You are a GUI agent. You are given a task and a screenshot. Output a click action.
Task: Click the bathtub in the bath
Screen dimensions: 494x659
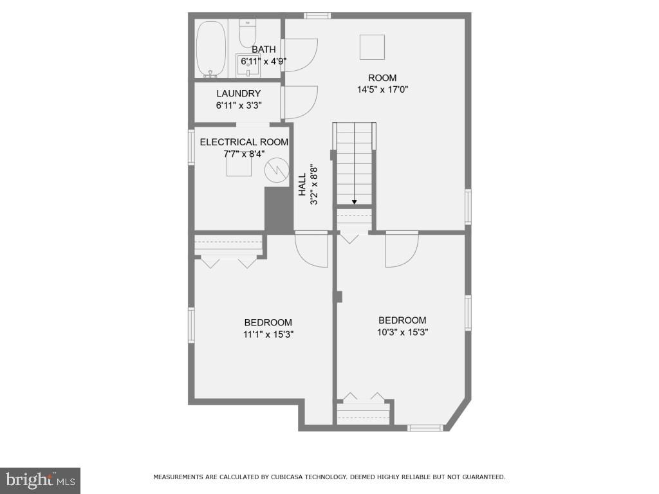210,49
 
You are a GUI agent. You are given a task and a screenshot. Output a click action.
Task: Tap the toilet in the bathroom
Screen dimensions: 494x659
248,30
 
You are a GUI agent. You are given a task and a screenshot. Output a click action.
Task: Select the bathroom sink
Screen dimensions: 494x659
248,63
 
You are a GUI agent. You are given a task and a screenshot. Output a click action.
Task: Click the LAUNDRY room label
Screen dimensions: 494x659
238,93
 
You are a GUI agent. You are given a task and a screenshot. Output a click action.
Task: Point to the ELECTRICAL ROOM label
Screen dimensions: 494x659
244,142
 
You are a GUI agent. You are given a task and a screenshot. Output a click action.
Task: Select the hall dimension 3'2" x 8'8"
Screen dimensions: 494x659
315,185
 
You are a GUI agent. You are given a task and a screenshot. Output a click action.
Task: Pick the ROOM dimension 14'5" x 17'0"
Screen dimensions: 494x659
383,89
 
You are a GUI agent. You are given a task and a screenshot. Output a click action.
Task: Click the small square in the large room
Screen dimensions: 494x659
372,47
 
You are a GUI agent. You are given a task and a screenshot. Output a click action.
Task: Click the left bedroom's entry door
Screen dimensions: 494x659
311,248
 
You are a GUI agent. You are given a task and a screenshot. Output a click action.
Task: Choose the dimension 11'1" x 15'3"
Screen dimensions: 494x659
268,334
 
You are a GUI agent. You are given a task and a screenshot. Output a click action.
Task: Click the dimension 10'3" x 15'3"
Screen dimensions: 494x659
402,332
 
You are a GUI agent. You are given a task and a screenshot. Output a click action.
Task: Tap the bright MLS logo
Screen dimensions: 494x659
40,480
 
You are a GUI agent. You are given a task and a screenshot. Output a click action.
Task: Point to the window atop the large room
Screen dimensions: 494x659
317,15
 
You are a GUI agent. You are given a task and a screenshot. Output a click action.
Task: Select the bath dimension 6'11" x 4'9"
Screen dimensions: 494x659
263,61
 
